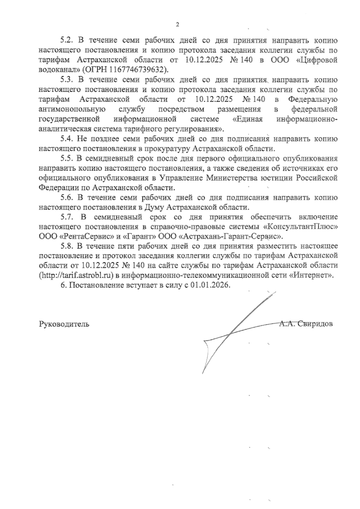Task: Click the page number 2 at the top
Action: coord(177,25)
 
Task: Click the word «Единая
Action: coord(248,119)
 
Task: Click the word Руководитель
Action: coord(64,324)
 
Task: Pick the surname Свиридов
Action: coord(316,324)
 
